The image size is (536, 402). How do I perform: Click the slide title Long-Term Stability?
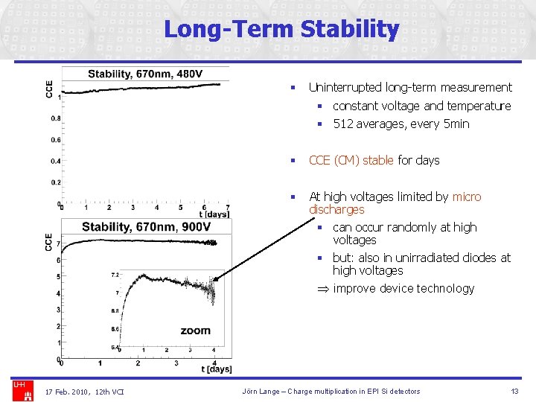click(281, 30)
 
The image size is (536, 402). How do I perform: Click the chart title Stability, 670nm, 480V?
click(145, 74)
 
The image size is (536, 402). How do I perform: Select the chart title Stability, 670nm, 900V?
click(146, 227)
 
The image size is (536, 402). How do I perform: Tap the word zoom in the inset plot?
click(195, 331)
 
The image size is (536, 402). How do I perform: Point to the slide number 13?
click(514, 392)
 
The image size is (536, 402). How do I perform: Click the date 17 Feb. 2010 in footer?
click(67, 392)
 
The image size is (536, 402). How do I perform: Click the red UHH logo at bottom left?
click(19, 385)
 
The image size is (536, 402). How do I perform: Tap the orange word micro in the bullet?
click(467, 197)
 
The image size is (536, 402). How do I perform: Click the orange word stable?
click(379, 160)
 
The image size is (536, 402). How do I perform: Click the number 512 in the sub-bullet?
click(343, 124)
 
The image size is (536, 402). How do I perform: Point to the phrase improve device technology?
click(403, 288)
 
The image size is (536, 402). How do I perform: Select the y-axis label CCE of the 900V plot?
click(49, 241)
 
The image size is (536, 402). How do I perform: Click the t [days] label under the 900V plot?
click(216, 369)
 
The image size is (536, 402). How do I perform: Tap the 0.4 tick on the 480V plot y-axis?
click(56, 161)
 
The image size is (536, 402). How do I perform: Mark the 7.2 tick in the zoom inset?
click(115, 275)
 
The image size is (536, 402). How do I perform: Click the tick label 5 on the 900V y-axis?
click(58, 277)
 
